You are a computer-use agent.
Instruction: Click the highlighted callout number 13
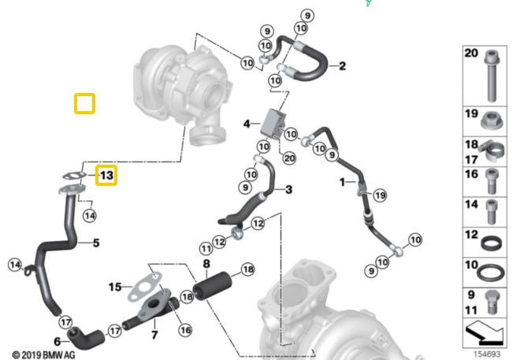coord(106,174)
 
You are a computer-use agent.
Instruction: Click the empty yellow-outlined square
coord(84,103)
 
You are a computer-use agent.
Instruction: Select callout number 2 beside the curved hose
coord(342,66)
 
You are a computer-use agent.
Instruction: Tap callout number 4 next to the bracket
coord(247,124)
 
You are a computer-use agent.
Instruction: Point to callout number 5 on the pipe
coord(96,243)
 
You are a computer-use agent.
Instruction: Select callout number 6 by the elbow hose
coord(57,341)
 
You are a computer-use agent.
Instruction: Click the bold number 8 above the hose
coord(206,265)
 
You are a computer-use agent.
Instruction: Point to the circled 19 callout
coord(380,195)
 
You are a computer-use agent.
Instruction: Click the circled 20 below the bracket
coord(288,158)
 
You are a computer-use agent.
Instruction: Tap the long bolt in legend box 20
coord(491,78)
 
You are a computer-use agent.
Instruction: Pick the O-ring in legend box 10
coord(491,272)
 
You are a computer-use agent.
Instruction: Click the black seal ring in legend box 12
coord(491,239)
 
